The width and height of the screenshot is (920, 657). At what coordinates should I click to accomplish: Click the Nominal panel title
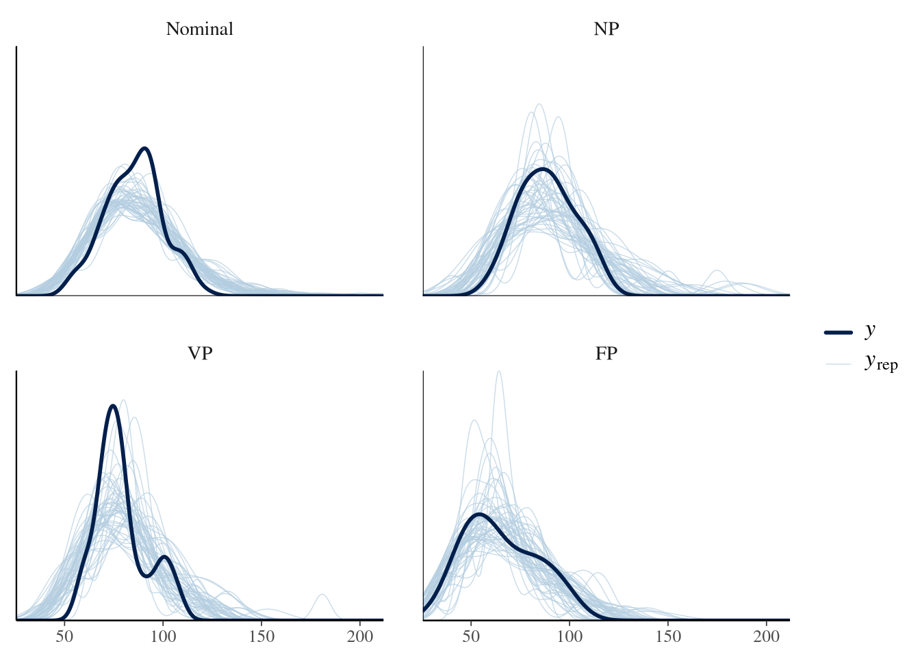tap(199, 29)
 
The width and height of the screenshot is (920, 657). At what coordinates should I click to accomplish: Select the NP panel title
tap(606, 29)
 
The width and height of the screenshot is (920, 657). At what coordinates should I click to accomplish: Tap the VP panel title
tap(199, 354)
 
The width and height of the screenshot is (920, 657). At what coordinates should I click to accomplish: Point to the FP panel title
tap(606, 354)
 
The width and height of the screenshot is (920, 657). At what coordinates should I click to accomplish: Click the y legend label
tap(870, 330)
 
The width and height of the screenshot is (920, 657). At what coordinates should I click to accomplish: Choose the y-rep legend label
tap(881, 361)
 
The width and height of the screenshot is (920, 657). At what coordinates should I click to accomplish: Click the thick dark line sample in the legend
tap(838, 332)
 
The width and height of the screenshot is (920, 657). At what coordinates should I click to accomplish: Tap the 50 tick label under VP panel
tap(64, 636)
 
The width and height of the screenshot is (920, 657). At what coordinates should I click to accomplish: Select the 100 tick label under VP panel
tap(163, 636)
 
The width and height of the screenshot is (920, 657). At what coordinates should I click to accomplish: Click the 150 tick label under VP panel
tap(261, 636)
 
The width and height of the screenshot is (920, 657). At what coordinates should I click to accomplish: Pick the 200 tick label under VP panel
tap(360, 636)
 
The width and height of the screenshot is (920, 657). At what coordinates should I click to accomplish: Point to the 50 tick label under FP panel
tap(472, 636)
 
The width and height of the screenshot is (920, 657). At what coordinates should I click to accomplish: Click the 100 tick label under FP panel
tap(570, 636)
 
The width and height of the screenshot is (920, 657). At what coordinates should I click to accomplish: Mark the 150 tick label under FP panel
tap(669, 636)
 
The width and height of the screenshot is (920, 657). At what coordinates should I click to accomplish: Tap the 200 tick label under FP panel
tap(767, 636)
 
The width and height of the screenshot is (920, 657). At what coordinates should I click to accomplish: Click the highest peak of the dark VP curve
tap(113, 406)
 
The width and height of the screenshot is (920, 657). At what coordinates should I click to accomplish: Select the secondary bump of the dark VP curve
tap(164, 557)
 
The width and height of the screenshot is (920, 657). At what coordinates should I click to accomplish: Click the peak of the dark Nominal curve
tap(144, 149)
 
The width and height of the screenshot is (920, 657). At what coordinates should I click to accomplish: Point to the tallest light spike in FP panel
tap(498, 372)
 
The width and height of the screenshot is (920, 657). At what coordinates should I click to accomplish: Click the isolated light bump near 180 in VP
tap(322, 595)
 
